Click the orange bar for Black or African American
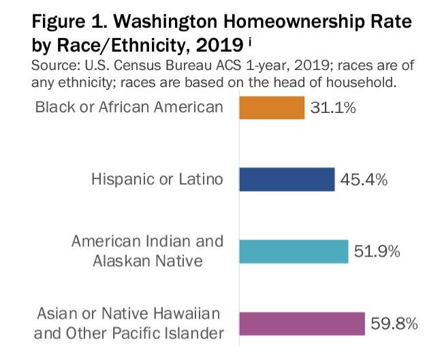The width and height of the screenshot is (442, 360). point(271,108)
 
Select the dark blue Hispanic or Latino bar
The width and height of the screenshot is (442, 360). point(286,180)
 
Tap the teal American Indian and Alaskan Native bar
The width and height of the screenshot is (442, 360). point(293,251)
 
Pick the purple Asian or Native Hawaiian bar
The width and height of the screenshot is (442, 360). point(300,323)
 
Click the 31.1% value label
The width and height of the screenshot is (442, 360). point(333,108)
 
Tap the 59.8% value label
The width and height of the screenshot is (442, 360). point(393,323)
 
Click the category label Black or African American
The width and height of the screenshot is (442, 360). point(129,107)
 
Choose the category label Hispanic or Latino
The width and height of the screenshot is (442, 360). point(157,180)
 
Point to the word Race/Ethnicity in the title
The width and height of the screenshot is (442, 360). point(118,47)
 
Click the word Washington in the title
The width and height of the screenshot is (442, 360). point(161,21)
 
